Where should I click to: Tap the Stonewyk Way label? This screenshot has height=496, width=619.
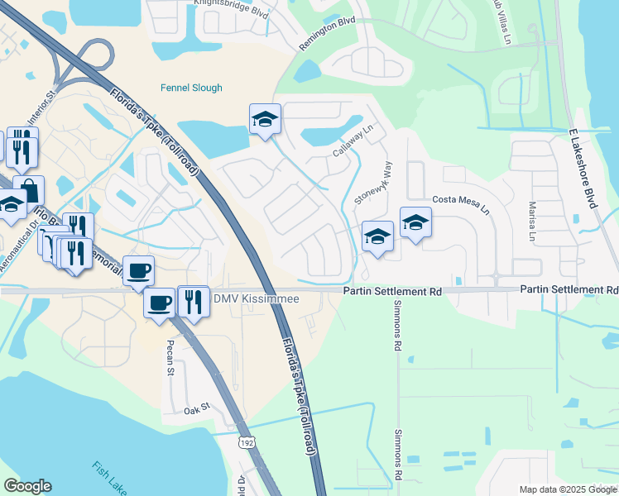373,184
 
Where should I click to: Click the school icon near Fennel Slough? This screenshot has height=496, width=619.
266,119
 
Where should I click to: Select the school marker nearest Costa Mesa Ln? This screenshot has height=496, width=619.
415,222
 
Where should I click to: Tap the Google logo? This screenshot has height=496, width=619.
27,486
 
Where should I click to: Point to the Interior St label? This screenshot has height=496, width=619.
42,108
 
